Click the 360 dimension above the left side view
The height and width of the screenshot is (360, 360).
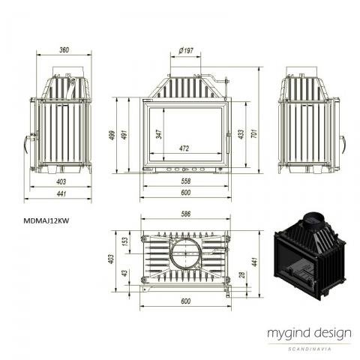click(64, 50)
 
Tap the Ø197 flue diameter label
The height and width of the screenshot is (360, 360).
click(186, 51)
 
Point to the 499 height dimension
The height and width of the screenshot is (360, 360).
click(112, 135)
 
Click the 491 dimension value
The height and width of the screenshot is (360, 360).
click(124, 134)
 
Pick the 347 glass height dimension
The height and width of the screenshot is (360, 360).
click(159, 134)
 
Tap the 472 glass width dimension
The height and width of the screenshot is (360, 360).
click(184, 148)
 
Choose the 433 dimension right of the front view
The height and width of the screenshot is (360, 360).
click(241, 134)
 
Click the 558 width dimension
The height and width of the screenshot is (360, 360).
click(186, 181)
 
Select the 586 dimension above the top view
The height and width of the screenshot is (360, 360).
click(186, 214)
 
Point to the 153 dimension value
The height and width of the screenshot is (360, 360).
click(124, 241)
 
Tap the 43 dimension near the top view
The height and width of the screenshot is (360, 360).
click(124, 273)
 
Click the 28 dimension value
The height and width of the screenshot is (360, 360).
click(241, 275)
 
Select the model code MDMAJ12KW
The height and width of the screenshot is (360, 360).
click(46, 220)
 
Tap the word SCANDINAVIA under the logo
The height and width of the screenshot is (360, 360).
click(310, 349)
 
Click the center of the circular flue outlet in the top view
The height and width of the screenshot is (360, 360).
click(186, 253)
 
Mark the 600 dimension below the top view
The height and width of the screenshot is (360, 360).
click(186, 301)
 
